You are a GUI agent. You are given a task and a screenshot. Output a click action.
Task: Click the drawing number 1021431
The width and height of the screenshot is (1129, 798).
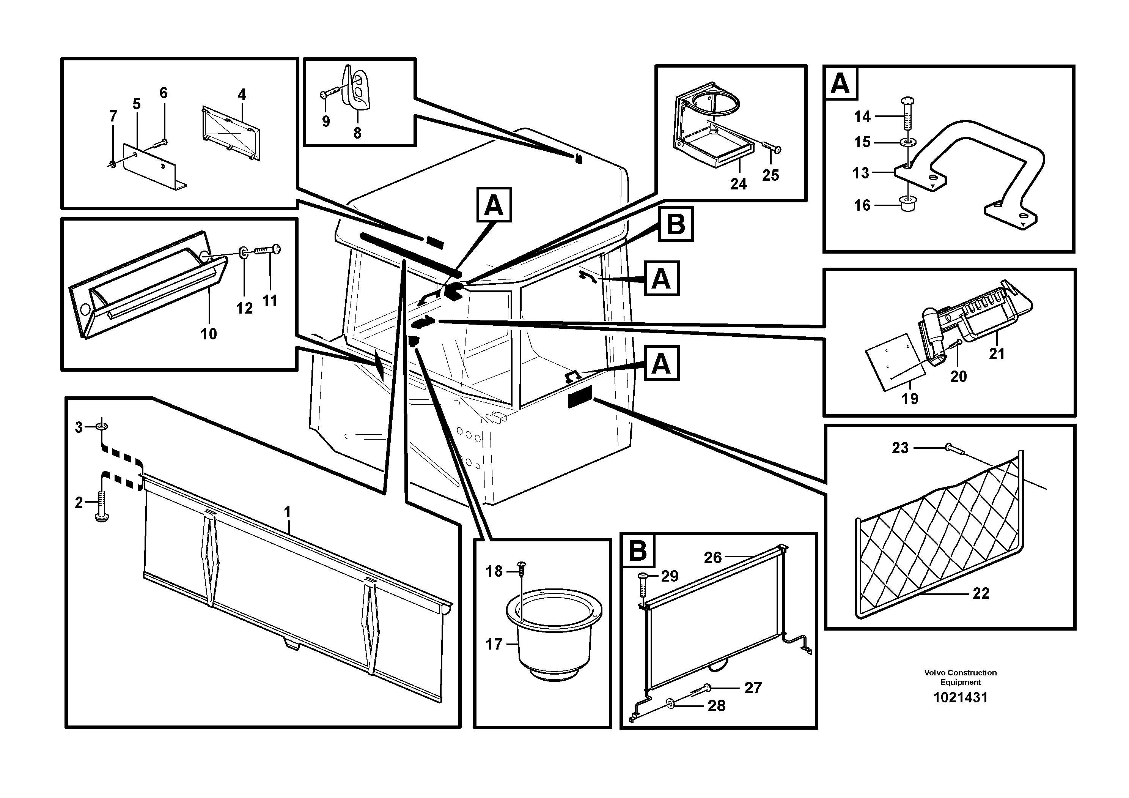pos(960,698)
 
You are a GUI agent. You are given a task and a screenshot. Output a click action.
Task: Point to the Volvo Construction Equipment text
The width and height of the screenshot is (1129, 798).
pos(960,677)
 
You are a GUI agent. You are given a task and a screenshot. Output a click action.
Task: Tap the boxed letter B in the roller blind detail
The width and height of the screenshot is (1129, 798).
pos(638,550)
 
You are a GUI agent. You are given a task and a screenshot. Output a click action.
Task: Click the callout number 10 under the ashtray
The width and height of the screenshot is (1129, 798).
pos(209,334)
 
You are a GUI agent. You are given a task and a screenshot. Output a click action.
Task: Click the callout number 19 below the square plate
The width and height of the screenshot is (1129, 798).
pos(910,399)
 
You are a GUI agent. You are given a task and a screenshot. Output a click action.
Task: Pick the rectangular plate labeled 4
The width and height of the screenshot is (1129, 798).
pos(231,133)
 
